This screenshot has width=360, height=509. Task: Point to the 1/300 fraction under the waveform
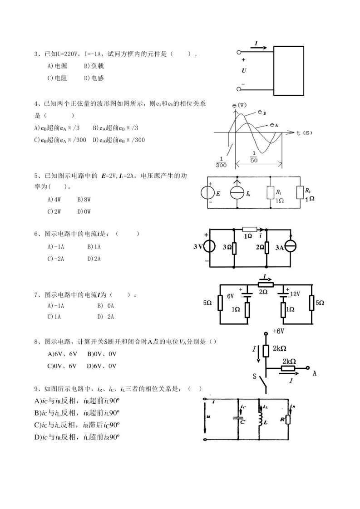point(221,162)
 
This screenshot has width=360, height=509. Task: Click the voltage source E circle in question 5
point(207,193)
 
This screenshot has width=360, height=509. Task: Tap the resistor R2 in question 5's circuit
point(299,192)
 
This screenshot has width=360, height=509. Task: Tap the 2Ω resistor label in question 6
point(260,247)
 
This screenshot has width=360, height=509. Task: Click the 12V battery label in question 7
point(295,294)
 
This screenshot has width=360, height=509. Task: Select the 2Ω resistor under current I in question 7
point(266,284)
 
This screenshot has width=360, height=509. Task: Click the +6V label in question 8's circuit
point(278,332)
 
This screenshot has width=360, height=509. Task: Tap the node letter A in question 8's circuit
point(315,373)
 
